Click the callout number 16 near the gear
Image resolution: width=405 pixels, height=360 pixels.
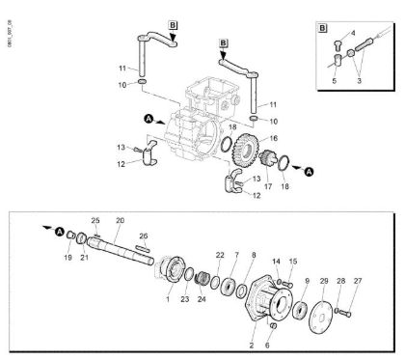[x=258, y=138]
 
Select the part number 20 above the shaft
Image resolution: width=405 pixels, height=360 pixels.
[x=120, y=220]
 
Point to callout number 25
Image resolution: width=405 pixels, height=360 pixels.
[x=95, y=220]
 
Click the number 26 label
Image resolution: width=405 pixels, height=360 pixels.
[x=143, y=235]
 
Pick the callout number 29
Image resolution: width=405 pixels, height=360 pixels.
[x=323, y=281]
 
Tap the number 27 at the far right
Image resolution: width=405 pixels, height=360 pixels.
[x=358, y=281]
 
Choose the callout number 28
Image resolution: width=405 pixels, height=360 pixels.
[x=340, y=281]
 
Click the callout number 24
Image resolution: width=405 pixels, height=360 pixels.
[x=202, y=299]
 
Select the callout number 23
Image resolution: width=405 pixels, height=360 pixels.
[x=184, y=299]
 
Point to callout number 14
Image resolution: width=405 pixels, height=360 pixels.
[x=276, y=261]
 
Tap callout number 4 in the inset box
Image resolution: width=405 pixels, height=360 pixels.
[x=352, y=32]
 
